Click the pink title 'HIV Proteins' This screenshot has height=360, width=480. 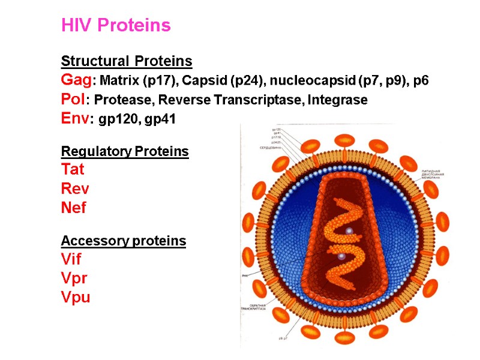(x=116, y=25)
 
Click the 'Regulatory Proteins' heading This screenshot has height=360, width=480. (x=125, y=151)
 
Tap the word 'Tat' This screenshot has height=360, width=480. (x=73, y=170)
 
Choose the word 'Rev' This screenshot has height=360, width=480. (x=74, y=189)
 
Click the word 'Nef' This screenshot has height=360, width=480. (x=73, y=208)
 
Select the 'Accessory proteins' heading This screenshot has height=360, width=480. (x=123, y=241)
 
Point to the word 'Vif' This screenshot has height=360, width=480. (x=71, y=260)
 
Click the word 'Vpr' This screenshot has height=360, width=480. (x=73, y=279)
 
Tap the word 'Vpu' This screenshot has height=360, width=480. (x=75, y=298)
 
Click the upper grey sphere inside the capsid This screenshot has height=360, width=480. (x=348, y=230)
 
